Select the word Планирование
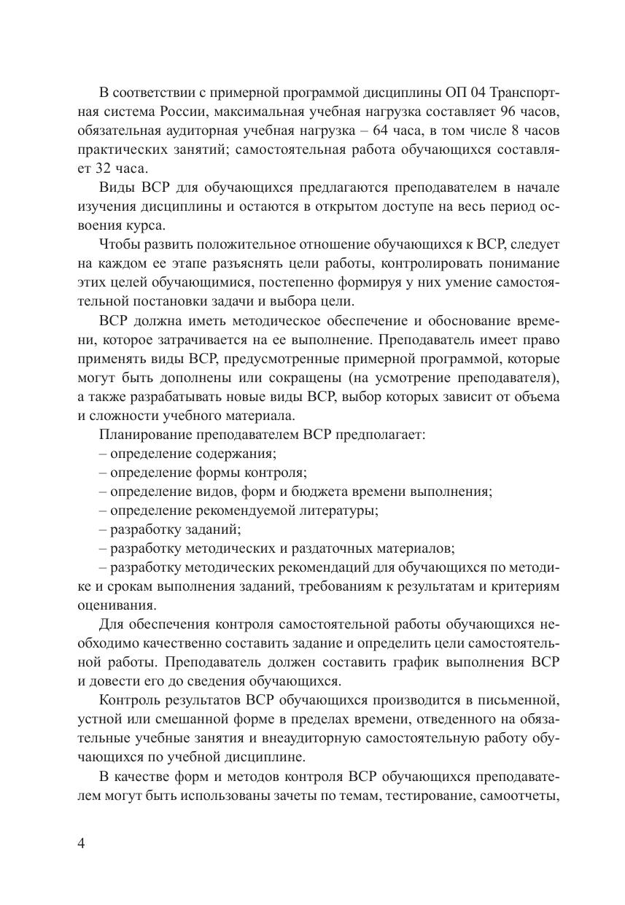(x=144, y=434)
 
